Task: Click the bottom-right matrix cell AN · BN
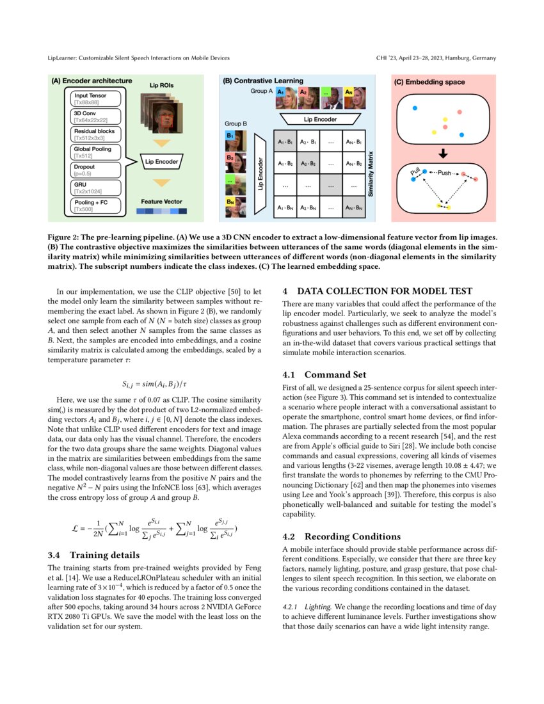tap(353, 207)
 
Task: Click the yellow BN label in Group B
tap(230, 202)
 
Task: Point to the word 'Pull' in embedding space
tap(415, 171)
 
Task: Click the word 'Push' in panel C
tap(444, 173)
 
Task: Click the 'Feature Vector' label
tap(161, 201)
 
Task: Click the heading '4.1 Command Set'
tap(325, 374)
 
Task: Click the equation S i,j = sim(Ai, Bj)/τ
tap(154, 384)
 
